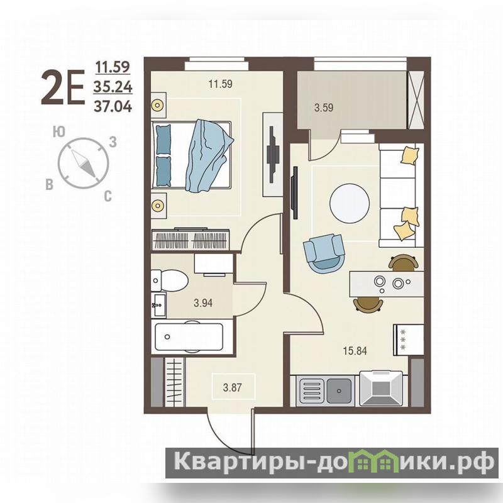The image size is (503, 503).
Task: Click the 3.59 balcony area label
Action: click(x=324, y=108)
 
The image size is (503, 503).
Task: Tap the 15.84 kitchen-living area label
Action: click(x=355, y=351)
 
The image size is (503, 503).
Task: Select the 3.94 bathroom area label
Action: click(x=203, y=303)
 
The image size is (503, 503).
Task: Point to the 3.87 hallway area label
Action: click(x=232, y=387)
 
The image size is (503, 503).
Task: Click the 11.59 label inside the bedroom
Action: click(x=221, y=84)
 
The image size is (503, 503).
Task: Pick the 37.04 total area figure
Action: click(x=113, y=106)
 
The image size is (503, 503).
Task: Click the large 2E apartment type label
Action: click(x=63, y=87)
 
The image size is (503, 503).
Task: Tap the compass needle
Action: click(x=84, y=163)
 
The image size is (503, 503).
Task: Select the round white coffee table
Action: click(x=350, y=202)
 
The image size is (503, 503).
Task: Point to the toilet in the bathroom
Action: click(x=170, y=280)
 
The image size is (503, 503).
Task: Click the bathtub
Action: click(x=189, y=337)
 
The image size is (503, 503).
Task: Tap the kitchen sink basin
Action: click(x=339, y=390)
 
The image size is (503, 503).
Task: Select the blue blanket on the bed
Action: click(x=209, y=156)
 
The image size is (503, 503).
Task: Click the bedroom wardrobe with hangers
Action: click(x=191, y=239)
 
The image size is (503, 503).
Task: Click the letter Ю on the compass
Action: click(x=59, y=132)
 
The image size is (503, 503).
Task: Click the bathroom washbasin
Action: click(x=158, y=305)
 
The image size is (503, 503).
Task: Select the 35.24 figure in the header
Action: click(x=113, y=87)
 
